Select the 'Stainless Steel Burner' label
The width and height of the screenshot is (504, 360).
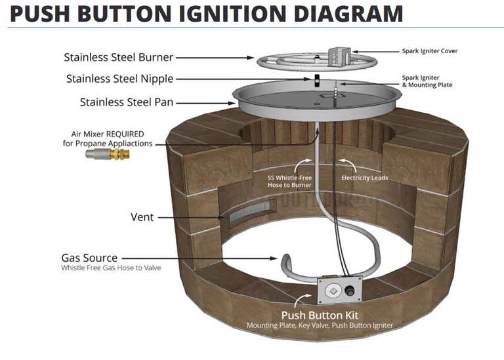pyautogui.click(x=119, y=57)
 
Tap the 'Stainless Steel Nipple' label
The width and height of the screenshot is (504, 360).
pyautogui.click(x=119, y=79)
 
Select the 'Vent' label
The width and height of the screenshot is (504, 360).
pyautogui.click(x=142, y=216)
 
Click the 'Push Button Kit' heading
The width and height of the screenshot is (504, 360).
pyautogui.click(x=320, y=315)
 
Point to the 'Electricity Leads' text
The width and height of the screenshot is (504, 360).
pyautogui.click(x=364, y=178)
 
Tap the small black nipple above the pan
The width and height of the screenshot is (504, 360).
pyautogui.click(x=316, y=80)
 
